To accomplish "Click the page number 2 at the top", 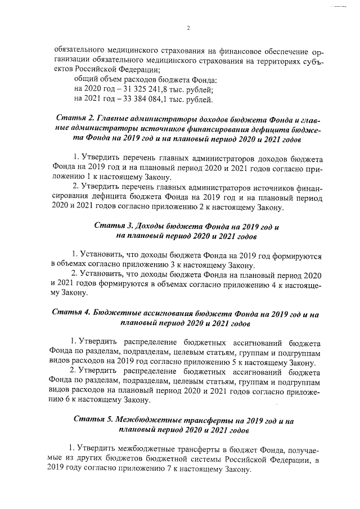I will click(188, 28).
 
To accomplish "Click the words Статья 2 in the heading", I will click(76, 119).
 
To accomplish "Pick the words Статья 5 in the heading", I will click(93, 420).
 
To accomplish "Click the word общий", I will click(87, 80).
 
